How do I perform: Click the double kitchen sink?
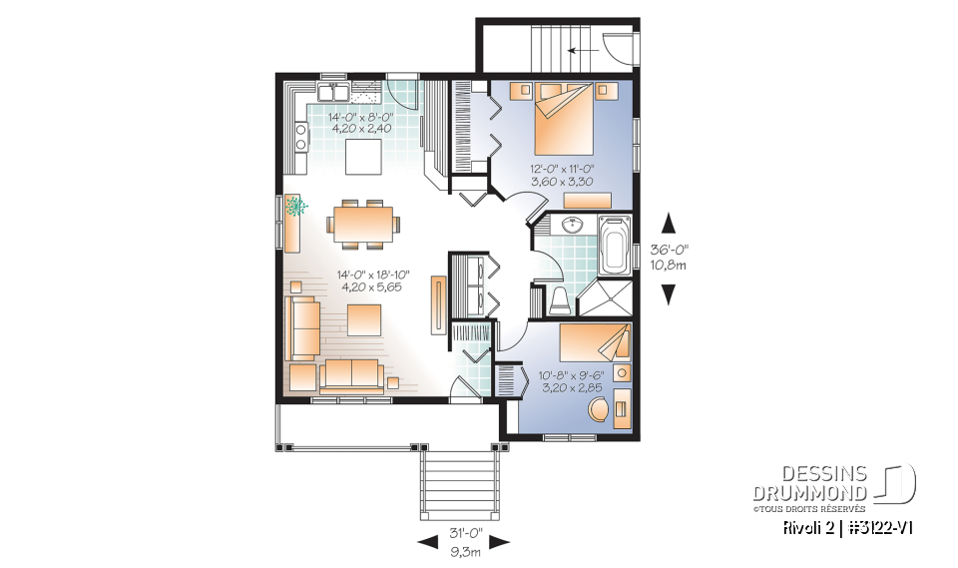point(332,93)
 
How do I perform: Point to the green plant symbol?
point(295,208)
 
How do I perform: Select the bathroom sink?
point(571,225)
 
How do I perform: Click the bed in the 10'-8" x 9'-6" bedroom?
point(595,342)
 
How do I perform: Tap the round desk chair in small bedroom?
point(598,410)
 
